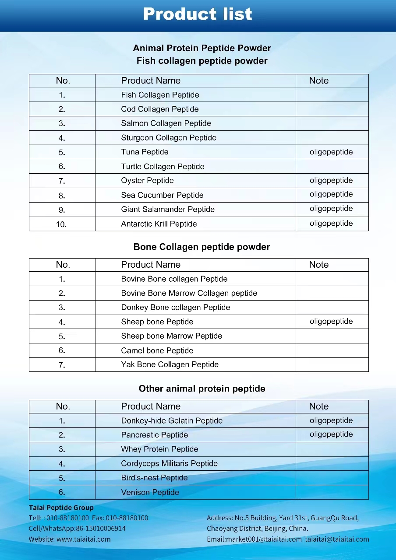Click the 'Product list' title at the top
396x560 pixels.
198,14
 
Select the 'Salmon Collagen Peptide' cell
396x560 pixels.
166,123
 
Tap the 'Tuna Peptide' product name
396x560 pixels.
145,152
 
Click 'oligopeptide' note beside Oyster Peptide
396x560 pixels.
331,180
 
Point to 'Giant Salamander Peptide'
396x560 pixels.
168,209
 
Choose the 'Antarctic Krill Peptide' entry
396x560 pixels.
159,224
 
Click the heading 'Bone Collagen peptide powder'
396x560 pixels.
202,247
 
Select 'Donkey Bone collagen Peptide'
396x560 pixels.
175,307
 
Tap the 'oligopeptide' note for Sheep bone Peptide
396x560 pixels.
331,321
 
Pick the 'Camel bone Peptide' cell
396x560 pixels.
157,350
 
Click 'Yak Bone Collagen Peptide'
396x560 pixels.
170,364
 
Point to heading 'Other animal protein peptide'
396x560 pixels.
202,388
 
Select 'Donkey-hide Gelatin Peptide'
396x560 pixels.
172,420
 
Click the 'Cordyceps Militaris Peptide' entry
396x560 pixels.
169,463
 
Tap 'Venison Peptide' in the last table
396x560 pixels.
150,492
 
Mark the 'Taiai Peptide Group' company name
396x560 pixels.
61,507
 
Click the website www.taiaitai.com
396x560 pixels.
83,539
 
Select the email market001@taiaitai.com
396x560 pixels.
264,539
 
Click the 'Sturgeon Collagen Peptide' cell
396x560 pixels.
169,138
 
